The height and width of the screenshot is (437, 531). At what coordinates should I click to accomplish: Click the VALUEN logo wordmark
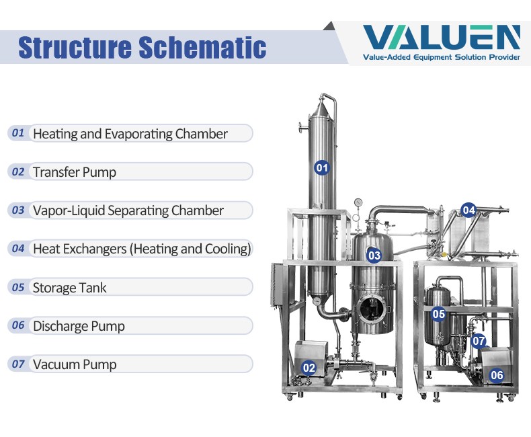click(441, 37)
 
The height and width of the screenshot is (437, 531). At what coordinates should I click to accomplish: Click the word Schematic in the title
click(202, 47)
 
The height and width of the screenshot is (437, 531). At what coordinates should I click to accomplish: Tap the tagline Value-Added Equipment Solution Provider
click(441, 57)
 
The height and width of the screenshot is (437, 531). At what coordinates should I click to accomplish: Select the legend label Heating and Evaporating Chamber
click(130, 134)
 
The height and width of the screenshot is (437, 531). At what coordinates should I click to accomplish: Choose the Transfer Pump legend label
click(75, 172)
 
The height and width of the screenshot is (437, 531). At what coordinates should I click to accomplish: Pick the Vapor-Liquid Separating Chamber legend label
click(128, 210)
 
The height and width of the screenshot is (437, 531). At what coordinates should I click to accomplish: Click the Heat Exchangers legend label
click(142, 249)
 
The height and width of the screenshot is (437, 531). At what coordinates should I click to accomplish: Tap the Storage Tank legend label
click(69, 288)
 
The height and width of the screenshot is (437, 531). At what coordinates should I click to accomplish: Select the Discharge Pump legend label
click(79, 326)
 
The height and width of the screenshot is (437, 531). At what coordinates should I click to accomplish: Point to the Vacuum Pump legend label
click(75, 364)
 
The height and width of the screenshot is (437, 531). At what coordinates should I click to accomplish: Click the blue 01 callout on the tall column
click(322, 167)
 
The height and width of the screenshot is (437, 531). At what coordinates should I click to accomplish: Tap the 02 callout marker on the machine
click(309, 368)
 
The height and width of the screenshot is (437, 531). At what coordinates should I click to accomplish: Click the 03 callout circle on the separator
click(374, 255)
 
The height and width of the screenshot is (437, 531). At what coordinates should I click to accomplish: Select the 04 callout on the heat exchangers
click(468, 210)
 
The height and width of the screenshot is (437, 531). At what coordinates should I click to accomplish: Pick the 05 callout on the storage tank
click(438, 314)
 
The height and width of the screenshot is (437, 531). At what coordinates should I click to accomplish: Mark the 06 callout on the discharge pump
click(497, 375)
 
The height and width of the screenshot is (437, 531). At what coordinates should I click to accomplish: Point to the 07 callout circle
click(479, 341)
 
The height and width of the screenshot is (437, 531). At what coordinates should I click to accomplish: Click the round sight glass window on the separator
click(372, 309)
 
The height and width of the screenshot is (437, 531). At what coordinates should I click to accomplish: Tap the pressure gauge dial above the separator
click(358, 202)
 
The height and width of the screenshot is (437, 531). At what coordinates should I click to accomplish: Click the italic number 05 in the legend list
click(18, 287)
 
